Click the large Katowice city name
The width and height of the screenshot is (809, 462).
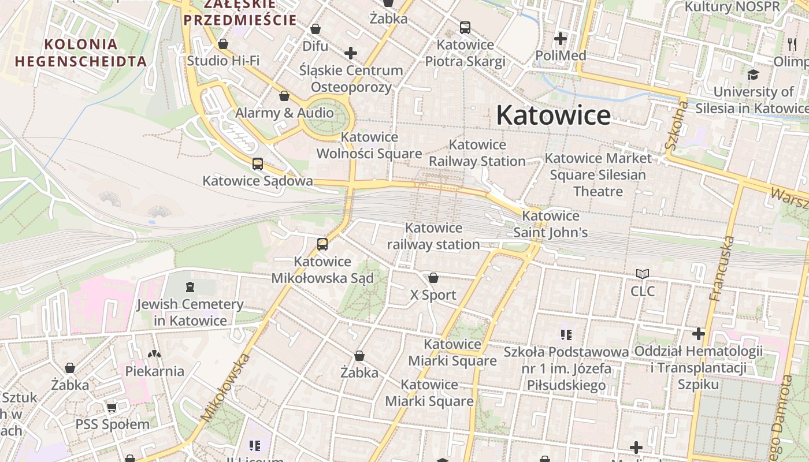pyautogui.click(x=553, y=115)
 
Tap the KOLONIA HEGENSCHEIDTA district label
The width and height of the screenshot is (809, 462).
pyautogui.click(x=81, y=53)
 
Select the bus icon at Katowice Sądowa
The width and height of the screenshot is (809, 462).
pyautogui.click(x=258, y=164)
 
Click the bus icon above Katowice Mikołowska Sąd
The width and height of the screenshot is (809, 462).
pyautogui.click(x=322, y=244)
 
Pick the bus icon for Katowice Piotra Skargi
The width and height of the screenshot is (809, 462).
pyautogui.click(x=465, y=28)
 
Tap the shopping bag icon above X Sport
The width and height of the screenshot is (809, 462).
pyautogui.click(x=433, y=278)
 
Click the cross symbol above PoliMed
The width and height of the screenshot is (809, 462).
pyautogui.click(x=560, y=39)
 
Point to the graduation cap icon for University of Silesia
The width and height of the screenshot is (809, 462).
pyautogui.click(x=753, y=75)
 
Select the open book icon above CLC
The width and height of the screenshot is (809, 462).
pyautogui.click(x=643, y=274)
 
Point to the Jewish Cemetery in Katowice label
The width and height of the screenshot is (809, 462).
pyautogui.click(x=190, y=312)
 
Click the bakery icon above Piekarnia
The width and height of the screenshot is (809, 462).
pyautogui.click(x=154, y=354)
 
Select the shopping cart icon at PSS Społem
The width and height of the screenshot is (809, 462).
pyautogui.click(x=112, y=408)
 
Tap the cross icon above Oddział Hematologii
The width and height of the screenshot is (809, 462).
pyautogui.click(x=699, y=334)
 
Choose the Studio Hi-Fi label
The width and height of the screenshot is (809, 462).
pyautogui.click(x=223, y=61)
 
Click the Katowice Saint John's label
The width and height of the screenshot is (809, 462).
pyautogui.click(x=551, y=224)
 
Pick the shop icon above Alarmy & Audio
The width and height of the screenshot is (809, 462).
pyautogui.click(x=284, y=96)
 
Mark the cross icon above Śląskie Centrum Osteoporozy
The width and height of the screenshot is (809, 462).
pyautogui.click(x=351, y=53)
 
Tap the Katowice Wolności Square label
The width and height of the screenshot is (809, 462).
pyautogui.click(x=369, y=146)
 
